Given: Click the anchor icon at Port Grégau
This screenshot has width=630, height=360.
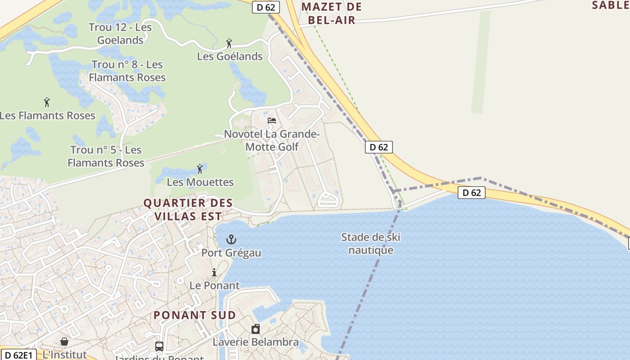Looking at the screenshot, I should (231, 239).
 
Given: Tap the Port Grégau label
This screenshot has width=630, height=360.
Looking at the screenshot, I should (231, 253).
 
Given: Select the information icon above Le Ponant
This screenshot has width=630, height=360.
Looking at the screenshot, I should (214, 272).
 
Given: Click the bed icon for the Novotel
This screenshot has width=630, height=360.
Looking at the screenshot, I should (272, 121).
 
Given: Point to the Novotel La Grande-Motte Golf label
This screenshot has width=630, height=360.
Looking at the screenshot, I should (272, 140).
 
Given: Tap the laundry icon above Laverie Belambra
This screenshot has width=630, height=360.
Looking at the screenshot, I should (256, 329).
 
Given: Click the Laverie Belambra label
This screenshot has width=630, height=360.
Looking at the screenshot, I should (256, 342).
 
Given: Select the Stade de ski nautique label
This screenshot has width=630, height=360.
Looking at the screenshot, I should (371, 243).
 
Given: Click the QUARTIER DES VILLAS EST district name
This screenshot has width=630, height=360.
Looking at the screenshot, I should (188, 210).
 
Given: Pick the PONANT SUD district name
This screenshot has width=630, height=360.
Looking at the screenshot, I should (195, 315).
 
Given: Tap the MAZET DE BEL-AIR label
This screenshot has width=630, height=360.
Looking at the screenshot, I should (332, 13).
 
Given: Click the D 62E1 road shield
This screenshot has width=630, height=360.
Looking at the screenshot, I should (18, 355).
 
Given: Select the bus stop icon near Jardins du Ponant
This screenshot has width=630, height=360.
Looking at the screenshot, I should (159, 346).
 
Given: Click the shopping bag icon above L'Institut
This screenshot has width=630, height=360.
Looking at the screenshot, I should (64, 342).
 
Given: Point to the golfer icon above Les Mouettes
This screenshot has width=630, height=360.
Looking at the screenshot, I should (200, 169).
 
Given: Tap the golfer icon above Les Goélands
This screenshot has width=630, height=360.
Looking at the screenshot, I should (229, 43).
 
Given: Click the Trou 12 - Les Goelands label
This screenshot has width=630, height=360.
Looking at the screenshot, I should (120, 33).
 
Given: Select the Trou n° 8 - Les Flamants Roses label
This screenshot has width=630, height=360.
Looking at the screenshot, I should (127, 71).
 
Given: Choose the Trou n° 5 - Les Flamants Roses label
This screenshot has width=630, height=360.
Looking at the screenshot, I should (106, 156).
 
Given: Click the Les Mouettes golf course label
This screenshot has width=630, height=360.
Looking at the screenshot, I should (200, 182).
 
